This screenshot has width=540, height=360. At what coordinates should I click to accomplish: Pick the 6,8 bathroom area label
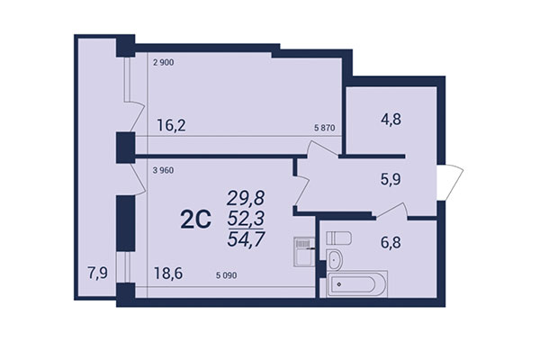(x=390, y=244)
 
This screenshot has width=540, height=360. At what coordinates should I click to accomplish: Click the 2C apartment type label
(x=196, y=219)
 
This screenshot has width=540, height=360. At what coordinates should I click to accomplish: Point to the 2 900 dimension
(x=163, y=64)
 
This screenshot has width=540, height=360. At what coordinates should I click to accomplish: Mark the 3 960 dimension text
(x=163, y=169)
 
